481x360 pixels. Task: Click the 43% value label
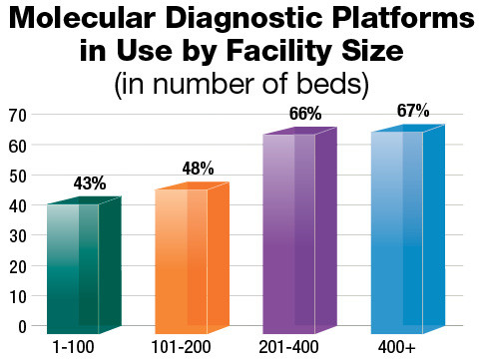(x=90, y=183)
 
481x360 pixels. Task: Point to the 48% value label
(x=198, y=169)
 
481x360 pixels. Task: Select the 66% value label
(x=305, y=115)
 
